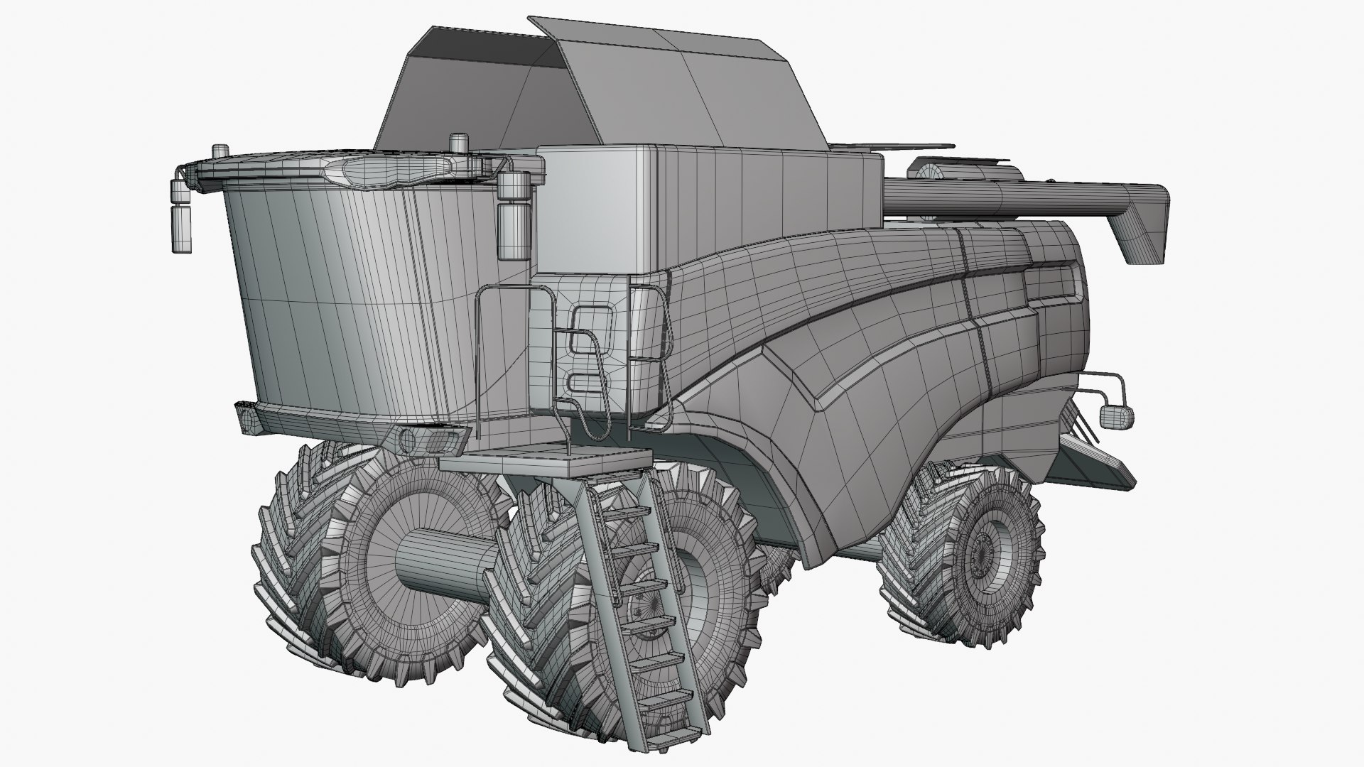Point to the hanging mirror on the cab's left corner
pyautogui.click(x=181, y=220)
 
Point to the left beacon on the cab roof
pyautogui.click(x=220, y=151)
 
